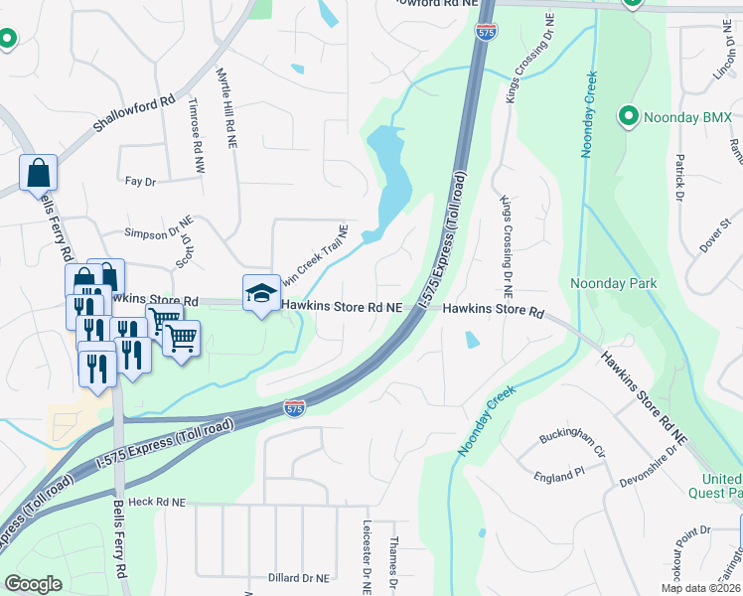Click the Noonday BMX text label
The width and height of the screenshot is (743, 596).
pos(688,118)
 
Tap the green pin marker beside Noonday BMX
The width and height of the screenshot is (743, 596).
pos(628,117)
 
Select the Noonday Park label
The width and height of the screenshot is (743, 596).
pos(614,284)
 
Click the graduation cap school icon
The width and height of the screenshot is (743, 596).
pos(260,293)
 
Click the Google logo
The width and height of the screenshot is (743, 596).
pos(33,584)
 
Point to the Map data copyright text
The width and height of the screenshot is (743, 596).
pos(699,588)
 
